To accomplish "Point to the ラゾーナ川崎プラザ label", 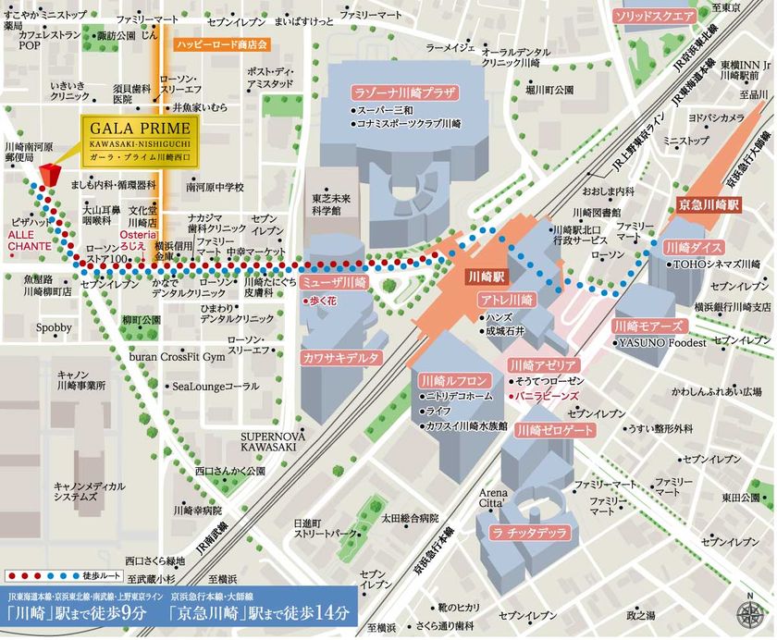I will click(405, 92).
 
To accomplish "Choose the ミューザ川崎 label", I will click(336, 281).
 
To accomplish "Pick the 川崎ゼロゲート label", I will click(555, 430).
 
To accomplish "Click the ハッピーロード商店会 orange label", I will click(221, 44).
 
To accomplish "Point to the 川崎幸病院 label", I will click(198, 510).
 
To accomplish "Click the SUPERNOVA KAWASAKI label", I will click(269, 441).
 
